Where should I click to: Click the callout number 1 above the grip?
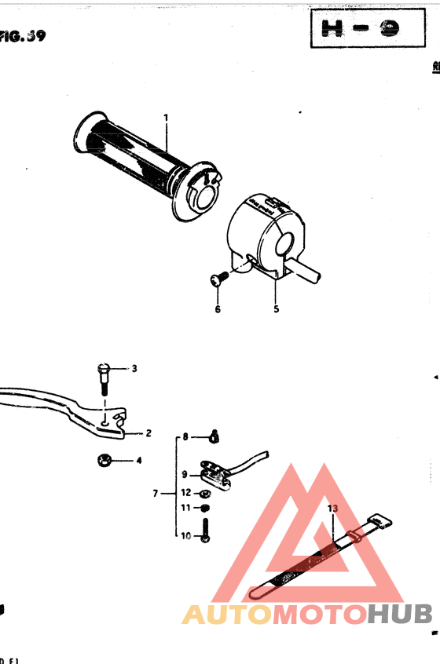pos(167,119)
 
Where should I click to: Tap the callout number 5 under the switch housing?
pos(276,309)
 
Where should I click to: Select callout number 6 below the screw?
pos(218,309)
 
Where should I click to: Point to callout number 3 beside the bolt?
pos(134,368)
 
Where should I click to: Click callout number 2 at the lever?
pos(148,432)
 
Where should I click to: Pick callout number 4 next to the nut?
pos(139,461)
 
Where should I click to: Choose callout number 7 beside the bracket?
pos(156,494)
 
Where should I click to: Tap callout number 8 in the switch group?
pos(186,436)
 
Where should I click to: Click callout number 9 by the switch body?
pos(185,474)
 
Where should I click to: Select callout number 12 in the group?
pos(186,493)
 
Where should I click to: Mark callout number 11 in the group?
pos(186,508)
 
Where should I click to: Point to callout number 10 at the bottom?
pos(186,536)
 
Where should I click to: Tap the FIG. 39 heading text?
pos(22,37)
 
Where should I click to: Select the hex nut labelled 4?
pos(103,460)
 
